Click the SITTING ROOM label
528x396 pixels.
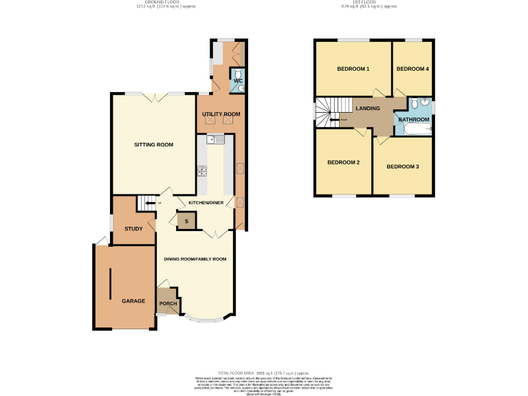click(153, 145)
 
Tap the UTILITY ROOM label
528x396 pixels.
click(221, 114)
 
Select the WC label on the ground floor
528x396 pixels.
click(238, 82)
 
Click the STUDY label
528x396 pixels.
click(133, 229)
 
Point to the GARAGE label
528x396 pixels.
click(133, 302)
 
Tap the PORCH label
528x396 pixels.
click(168, 304)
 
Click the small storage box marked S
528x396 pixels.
click(186, 221)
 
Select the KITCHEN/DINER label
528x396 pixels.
click(203, 203)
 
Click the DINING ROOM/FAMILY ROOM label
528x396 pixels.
click(195, 259)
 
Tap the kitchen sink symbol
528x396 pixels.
click(215, 140)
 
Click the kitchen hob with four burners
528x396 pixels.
click(203, 171)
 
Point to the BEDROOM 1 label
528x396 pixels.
click(353, 69)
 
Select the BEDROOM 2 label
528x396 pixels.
click(343, 163)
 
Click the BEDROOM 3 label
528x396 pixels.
click(403, 167)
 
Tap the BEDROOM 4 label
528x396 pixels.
click(413, 69)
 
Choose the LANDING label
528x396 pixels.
click(368, 109)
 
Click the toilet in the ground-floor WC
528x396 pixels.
click(238, 74)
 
